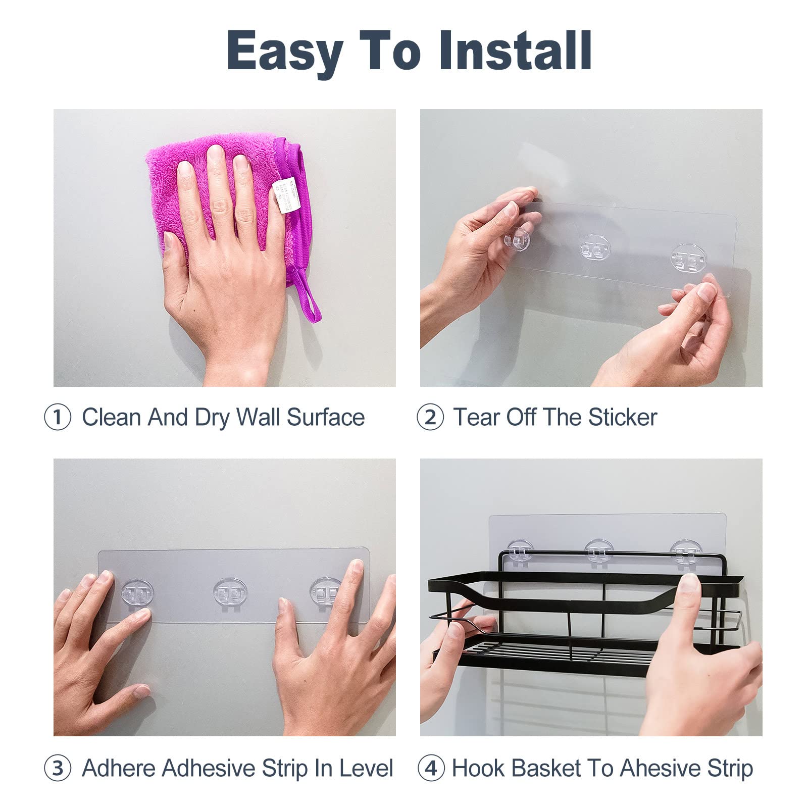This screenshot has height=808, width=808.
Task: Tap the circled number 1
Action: (x=58, y=418)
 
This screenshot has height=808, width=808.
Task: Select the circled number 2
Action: (x=430, y=418)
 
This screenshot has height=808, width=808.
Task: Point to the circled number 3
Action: (x=58, y=768)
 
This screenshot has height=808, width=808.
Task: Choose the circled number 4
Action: (x=430, y=768)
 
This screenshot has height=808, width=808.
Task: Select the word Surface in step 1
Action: (x=326, y=418)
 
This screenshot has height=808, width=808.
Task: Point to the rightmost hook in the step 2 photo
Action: (x=688, y=256)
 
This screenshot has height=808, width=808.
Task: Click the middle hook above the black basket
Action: (x=599, y=551)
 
